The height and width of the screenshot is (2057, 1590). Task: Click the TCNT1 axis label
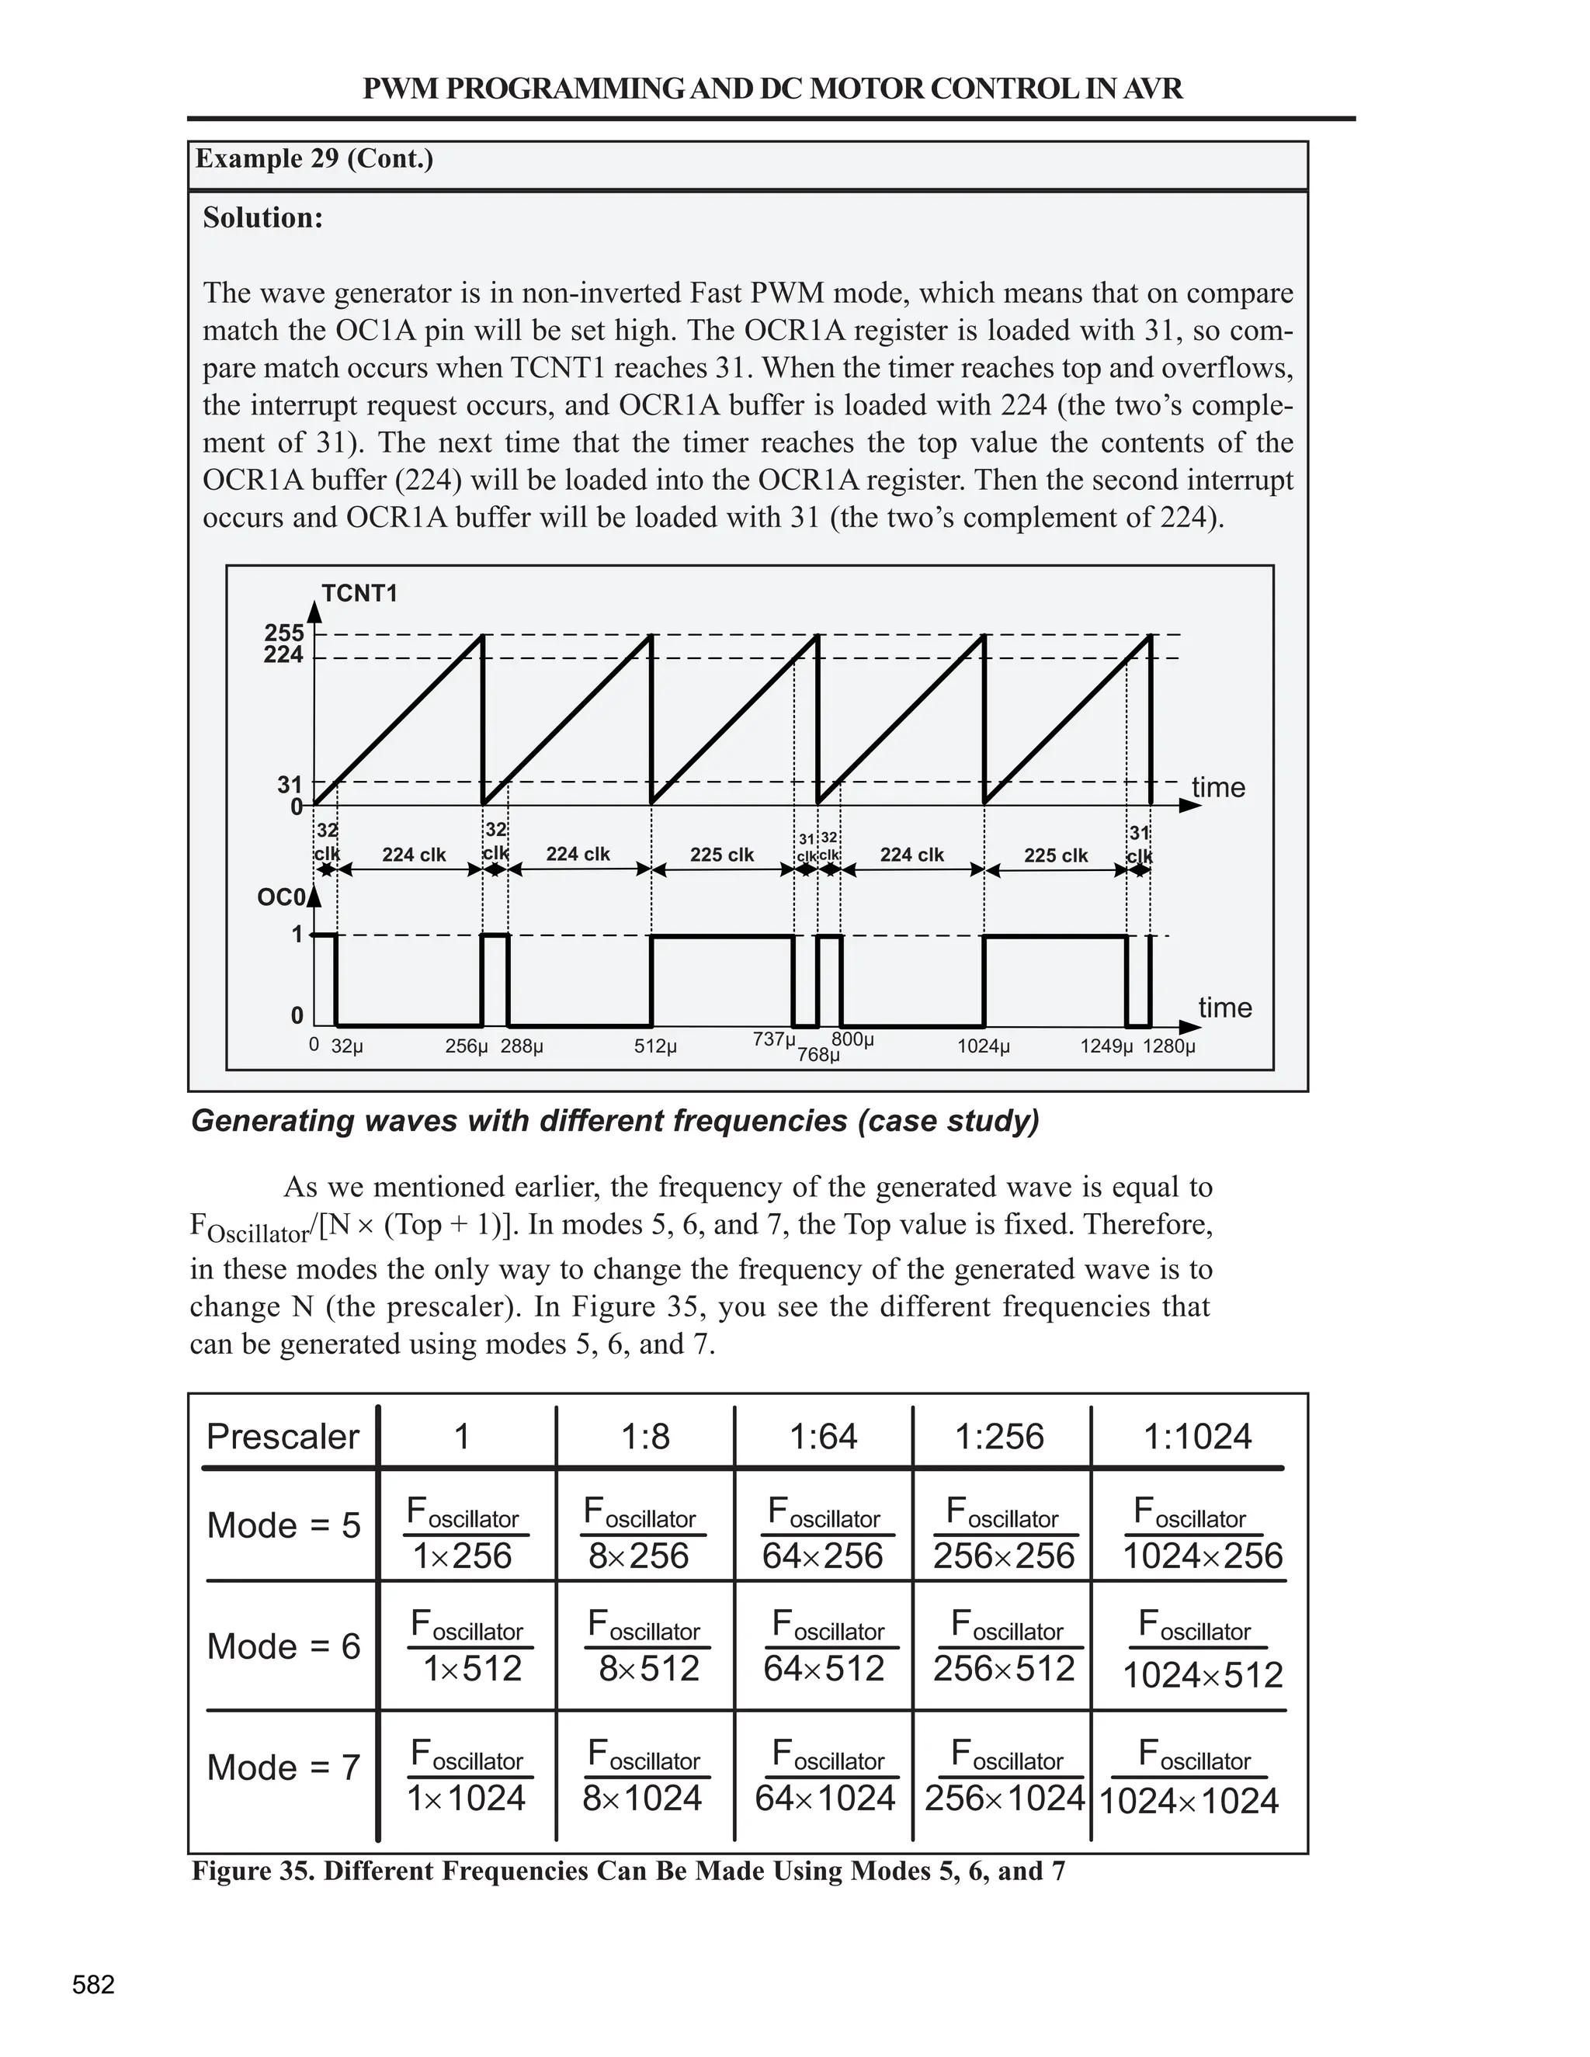359,593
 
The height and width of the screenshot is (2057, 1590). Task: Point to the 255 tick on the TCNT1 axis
283,633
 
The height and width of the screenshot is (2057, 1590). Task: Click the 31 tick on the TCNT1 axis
289,785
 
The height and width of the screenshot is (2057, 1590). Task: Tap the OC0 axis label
281,897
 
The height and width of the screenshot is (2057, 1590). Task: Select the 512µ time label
654,1046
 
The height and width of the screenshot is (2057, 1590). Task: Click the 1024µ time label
984,1046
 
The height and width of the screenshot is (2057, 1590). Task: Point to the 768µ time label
818,1055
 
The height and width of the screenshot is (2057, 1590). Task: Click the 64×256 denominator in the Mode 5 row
822,1556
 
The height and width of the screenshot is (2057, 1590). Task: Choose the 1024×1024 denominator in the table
1189,1802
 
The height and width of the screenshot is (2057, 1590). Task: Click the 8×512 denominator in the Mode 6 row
649,1669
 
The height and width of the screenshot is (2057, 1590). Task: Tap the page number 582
93,1986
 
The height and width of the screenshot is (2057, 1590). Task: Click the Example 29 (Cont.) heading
314,158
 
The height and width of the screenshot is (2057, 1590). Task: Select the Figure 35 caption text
628,1871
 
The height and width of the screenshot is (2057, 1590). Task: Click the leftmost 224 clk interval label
414,855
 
